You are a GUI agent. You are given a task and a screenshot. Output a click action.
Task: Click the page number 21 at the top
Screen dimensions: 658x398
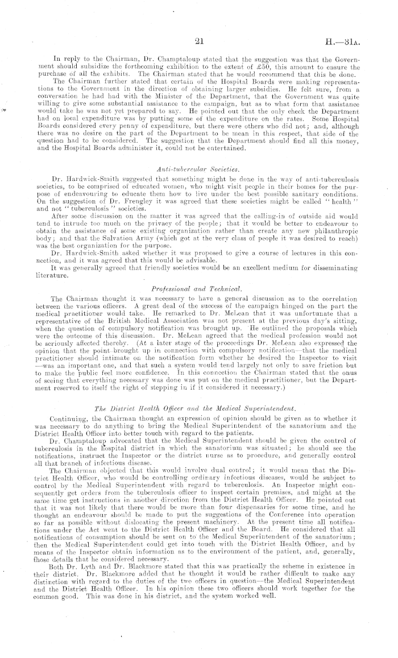[199, 40]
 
